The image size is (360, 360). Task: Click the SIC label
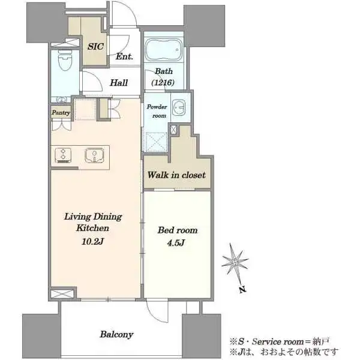[x=95, y=47]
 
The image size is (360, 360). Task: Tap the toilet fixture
[x=65, y=60]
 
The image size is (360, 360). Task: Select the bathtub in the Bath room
[x=164, y=50]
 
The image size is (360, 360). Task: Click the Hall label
[x=119, y=83]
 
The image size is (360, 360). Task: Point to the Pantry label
[x=61, y=113]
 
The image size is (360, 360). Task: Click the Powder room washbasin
[x=179, y=107]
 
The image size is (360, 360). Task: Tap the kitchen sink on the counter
[x=94, y=155]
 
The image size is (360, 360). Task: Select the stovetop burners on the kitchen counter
[x=63, y=155]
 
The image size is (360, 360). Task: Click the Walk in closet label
[x=176, y=175]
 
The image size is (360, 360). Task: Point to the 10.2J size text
[x=93, y=241]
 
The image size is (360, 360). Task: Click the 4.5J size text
[x=176, y=243]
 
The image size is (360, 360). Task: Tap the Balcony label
[x=116, y=335]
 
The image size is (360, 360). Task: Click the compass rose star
[x=235, y=262]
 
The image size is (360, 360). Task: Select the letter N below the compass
[x=242, y=290]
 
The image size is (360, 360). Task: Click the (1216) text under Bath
[x=163, y=82]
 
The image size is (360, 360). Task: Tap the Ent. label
[x=124, y=56]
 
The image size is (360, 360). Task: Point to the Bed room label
[x=178, y=230]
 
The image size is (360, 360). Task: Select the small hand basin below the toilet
[x=61, y=100]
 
